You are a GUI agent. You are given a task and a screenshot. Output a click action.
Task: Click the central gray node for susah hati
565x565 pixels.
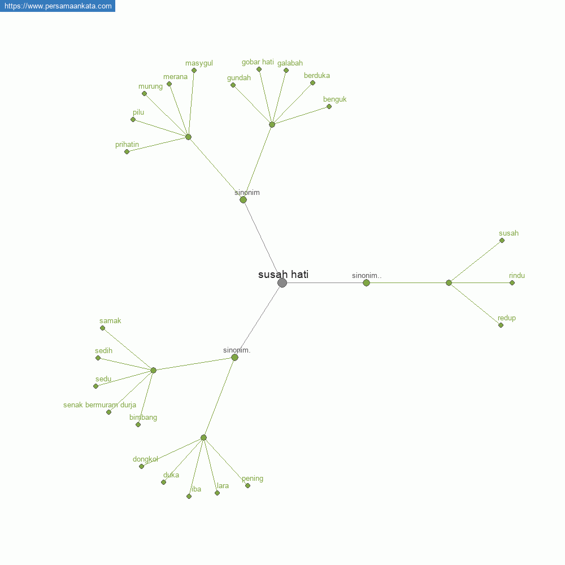point(282,283)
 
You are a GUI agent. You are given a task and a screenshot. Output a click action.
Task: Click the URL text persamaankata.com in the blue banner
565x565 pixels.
point(58,6)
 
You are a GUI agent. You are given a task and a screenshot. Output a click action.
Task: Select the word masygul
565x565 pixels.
point(199,63)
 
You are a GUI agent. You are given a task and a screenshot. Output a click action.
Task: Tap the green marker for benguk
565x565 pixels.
point(329,107)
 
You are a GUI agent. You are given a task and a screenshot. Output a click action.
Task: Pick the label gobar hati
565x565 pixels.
point(258,62)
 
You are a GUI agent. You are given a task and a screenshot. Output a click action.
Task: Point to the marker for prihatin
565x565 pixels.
point(127,151)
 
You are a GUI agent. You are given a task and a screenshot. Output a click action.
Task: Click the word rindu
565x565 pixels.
point(517,276)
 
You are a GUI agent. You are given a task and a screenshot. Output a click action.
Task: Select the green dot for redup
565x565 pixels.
point(501,325)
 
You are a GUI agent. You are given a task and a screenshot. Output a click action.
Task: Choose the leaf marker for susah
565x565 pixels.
point(502,241)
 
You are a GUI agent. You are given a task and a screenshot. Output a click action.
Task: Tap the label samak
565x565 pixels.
point(110,321)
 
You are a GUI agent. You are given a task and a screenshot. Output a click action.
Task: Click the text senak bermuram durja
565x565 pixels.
point(99,405)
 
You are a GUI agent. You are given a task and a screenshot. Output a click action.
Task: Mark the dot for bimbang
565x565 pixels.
point(138,425)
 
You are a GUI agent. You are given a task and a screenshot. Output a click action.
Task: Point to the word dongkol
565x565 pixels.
point(145,459)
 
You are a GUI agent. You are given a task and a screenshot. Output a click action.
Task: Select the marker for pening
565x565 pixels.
point(248,486)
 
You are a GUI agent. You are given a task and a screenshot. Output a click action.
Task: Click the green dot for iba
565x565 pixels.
point(189,497)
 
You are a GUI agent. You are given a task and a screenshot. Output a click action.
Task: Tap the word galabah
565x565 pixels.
point(290,63)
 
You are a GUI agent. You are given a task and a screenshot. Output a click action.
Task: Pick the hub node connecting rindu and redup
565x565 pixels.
point(449,283)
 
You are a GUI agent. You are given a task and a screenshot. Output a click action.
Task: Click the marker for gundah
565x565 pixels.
point(233,85)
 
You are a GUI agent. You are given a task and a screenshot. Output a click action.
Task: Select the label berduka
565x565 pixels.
point(317,76)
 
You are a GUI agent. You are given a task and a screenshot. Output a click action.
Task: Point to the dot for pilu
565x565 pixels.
point(133,120)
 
